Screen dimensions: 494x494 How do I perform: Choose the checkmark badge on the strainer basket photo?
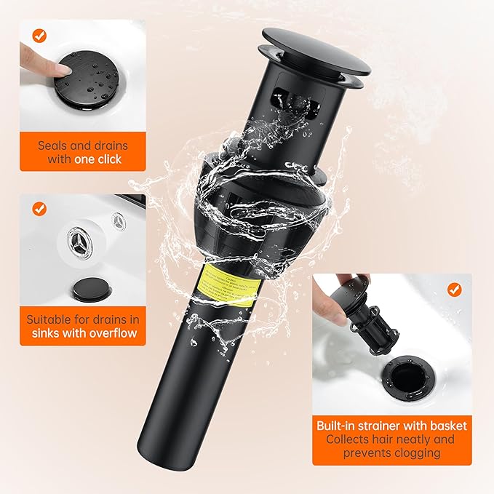454,289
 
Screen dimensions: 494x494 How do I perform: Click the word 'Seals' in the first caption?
55,145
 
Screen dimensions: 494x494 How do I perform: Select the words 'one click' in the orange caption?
97,159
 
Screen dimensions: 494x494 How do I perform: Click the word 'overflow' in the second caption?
112,334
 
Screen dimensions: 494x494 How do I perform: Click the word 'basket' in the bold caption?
447,426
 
